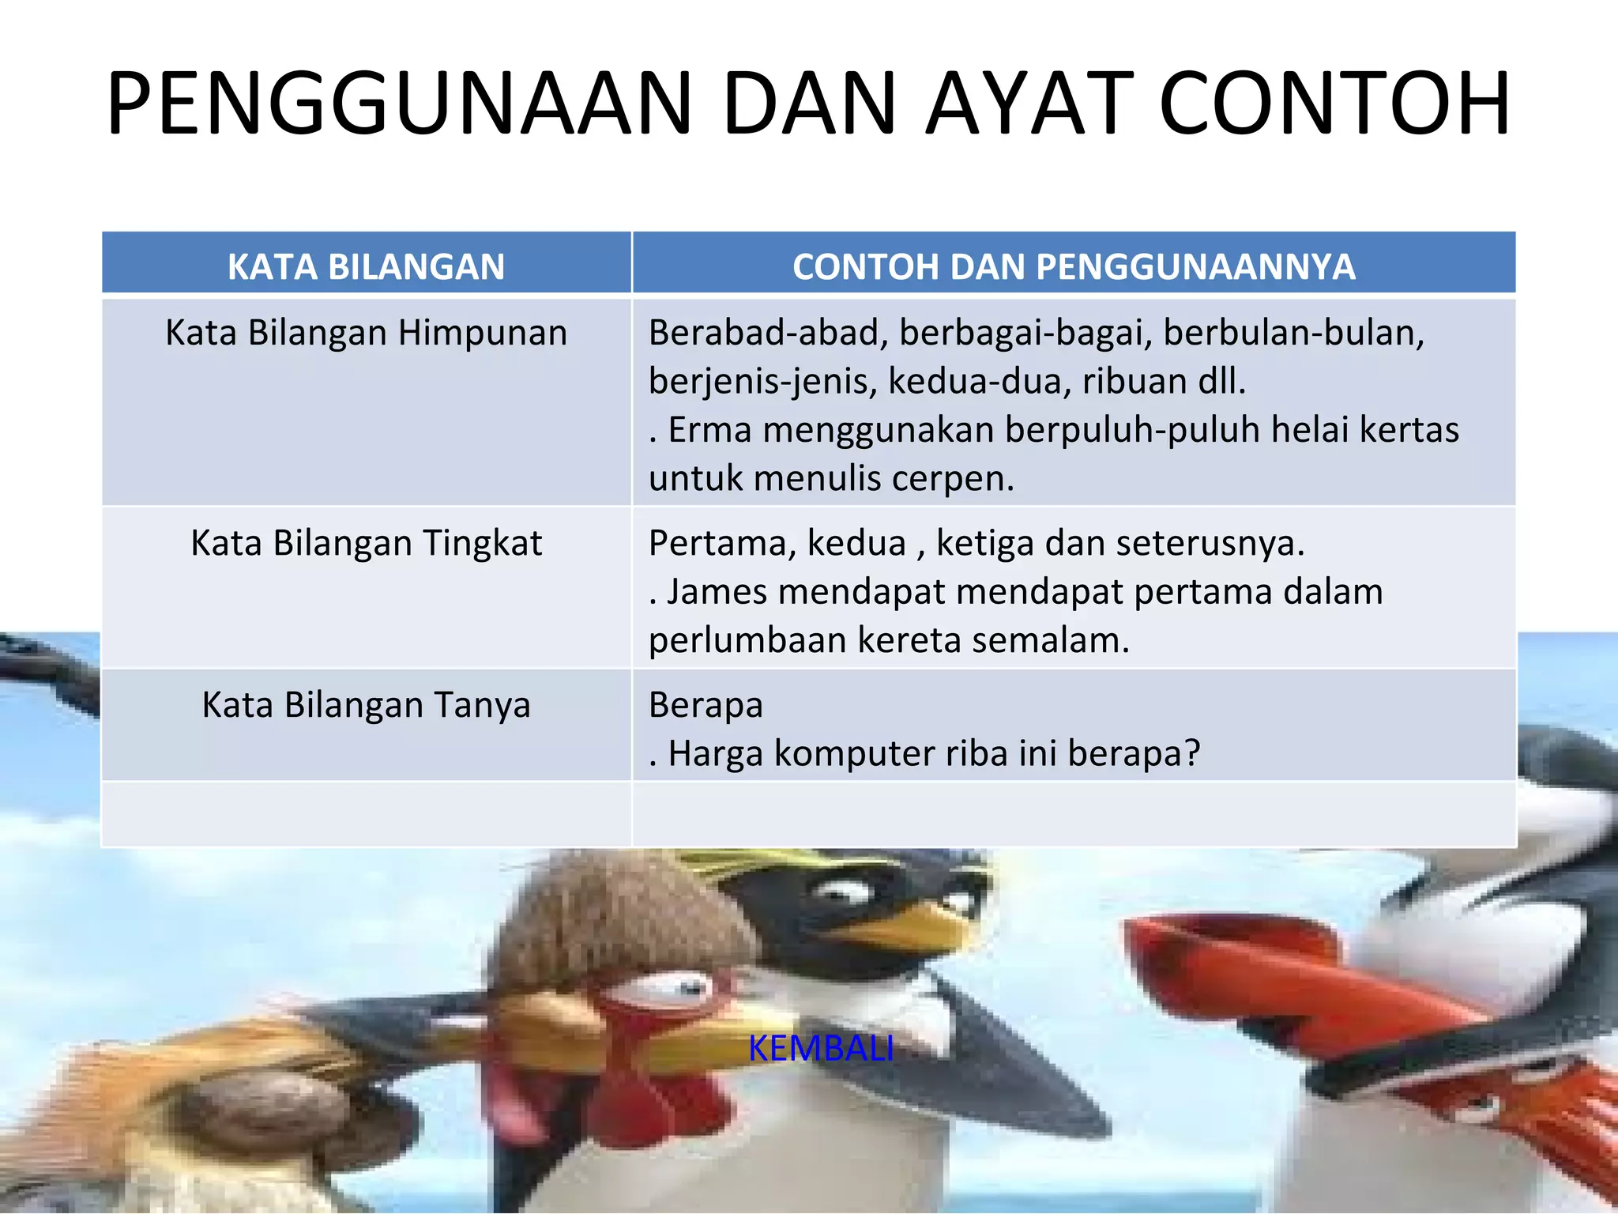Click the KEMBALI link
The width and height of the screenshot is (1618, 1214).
(820, 1049)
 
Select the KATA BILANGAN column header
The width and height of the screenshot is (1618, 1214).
(366, 266)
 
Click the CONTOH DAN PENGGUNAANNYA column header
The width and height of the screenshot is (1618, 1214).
(1074, 266)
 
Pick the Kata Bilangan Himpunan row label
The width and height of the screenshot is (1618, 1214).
(366, 333)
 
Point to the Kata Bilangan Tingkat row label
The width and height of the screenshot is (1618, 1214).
(366, 543)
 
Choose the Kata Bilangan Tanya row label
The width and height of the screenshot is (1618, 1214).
(366, 704)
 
